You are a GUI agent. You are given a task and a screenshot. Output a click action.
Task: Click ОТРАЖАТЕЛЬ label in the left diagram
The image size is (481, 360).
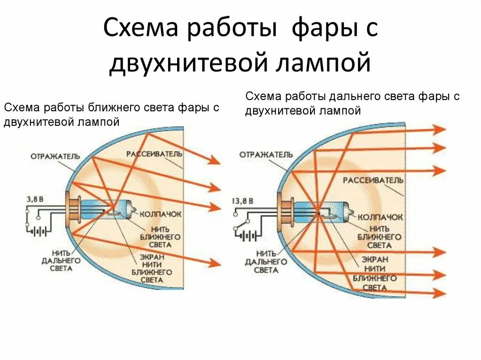[55, 156]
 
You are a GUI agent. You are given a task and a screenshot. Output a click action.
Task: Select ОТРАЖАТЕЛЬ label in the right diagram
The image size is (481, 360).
[266, 154]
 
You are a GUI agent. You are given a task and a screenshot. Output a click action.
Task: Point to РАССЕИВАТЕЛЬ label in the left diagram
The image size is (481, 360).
[153, 154]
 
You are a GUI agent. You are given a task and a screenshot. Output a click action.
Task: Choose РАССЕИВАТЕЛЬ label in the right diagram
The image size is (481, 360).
[373, 180]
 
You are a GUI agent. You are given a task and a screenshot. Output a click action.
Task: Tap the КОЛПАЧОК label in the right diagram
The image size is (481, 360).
[380, 217]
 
